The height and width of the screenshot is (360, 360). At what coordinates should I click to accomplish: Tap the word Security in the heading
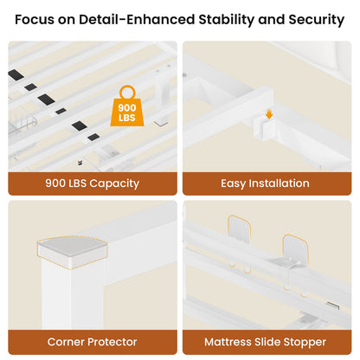point(317,20)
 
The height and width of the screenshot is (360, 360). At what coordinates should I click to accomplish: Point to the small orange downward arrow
point(269,114)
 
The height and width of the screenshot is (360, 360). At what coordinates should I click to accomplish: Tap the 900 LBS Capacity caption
point(93,183)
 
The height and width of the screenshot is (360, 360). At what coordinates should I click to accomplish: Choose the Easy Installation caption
point(265,183)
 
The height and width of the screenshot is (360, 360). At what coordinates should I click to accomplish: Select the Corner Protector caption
point(92,342)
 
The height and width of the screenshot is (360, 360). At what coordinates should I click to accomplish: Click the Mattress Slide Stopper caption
point(265,342)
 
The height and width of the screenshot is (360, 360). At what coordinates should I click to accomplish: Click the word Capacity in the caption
point(114,183)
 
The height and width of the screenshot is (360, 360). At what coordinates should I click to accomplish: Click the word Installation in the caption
point(279,183)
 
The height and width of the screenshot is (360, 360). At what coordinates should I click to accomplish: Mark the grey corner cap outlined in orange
point(73,250)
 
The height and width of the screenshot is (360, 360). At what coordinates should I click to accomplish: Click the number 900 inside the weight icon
point(127,108)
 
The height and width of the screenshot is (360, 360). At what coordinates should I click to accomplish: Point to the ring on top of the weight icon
point(127,93)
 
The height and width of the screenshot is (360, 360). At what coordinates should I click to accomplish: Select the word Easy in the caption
point(234,183)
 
